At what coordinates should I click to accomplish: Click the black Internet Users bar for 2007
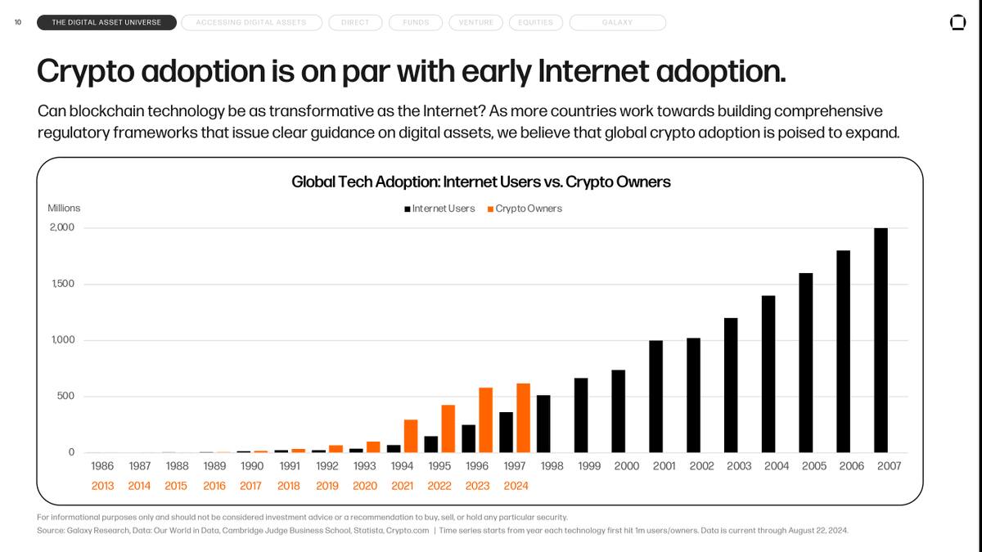(x=881, y=340)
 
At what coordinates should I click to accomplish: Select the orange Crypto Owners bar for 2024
(x=524, y=418)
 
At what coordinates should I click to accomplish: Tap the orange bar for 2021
(x=411, y=436)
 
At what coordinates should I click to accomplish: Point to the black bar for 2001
(x=655, y=397)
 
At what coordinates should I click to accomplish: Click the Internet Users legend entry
(x=439, y=209)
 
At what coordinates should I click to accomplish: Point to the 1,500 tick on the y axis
(x=62, y=284)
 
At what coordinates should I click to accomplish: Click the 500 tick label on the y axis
(x=65, y=396)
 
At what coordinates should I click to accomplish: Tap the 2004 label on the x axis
(x=777, y=466)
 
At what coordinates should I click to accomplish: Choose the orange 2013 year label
(x=102, y=486)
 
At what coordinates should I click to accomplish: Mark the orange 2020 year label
(x=365, y=486)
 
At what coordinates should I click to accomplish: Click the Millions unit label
(x=64, y=209)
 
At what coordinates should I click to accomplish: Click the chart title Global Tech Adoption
(x=480, y=182)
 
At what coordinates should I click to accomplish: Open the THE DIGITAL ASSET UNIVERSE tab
(x=106, y=22)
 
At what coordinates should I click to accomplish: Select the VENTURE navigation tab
(x=475, y=22)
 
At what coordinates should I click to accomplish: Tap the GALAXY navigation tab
(x=617, y=22)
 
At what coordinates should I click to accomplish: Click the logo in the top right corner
(x=957, y=23)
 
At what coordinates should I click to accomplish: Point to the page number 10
(x=18, y=22)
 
